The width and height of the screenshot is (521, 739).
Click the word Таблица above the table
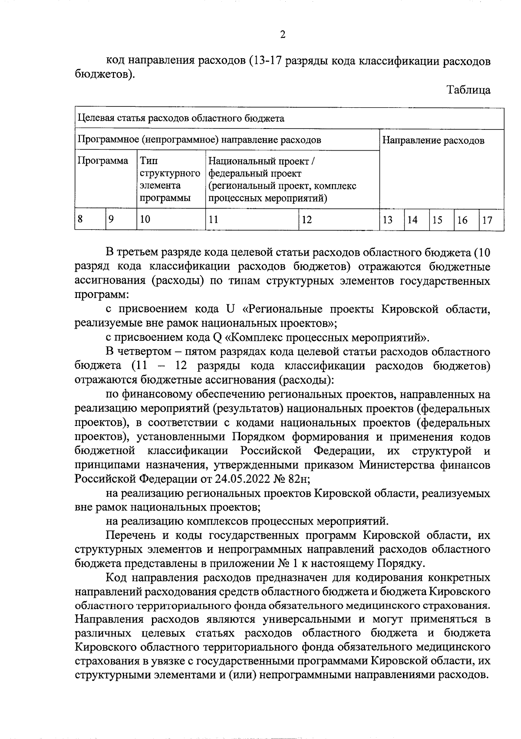coord(468,90)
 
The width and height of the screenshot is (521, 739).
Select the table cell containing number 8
coord(90,219)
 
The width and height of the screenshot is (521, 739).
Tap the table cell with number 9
coord(121,219)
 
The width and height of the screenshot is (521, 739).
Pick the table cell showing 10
coord(171,219)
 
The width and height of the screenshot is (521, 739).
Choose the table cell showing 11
coord(252,219)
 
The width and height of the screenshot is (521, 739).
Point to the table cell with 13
coord(392,219)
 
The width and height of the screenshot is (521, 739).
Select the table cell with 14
coord(417,219)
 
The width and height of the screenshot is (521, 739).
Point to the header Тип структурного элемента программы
coord(171,179)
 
